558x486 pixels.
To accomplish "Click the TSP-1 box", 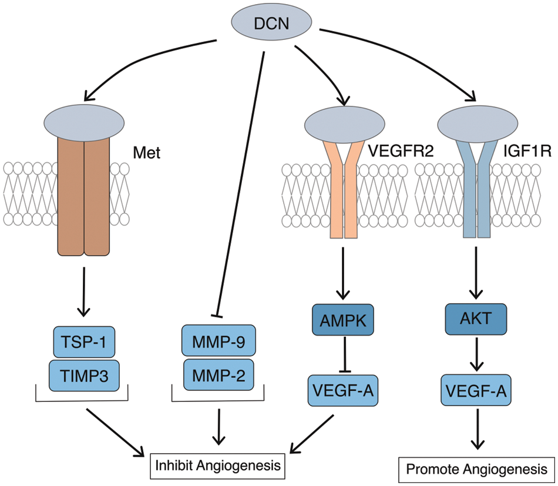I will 86,341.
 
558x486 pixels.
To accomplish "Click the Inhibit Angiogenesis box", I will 217,466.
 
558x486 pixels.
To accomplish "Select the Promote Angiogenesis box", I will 476,470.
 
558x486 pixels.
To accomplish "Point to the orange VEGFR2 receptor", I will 344,188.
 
